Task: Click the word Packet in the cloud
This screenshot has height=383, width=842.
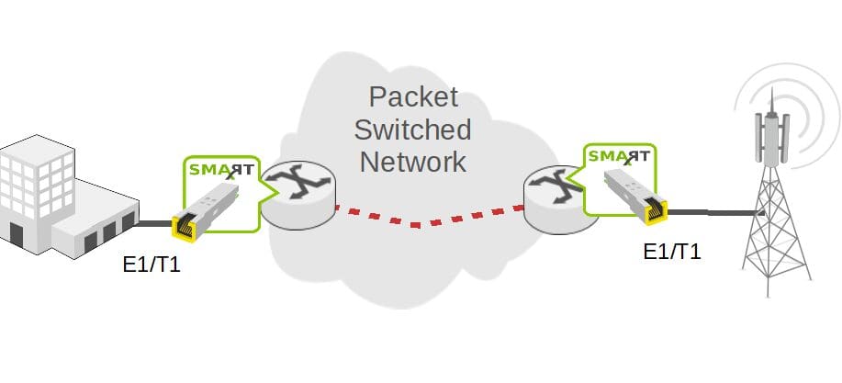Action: (x=413, y=96)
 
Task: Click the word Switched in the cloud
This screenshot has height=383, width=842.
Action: (x=413, y=130)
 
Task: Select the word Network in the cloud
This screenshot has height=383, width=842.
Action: (x=413, y=163)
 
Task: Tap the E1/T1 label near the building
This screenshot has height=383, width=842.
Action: (x=152, y=266)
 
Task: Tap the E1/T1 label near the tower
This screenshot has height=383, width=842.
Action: (x=672, y=252)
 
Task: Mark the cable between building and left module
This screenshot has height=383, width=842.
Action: (x=154, y=222)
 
